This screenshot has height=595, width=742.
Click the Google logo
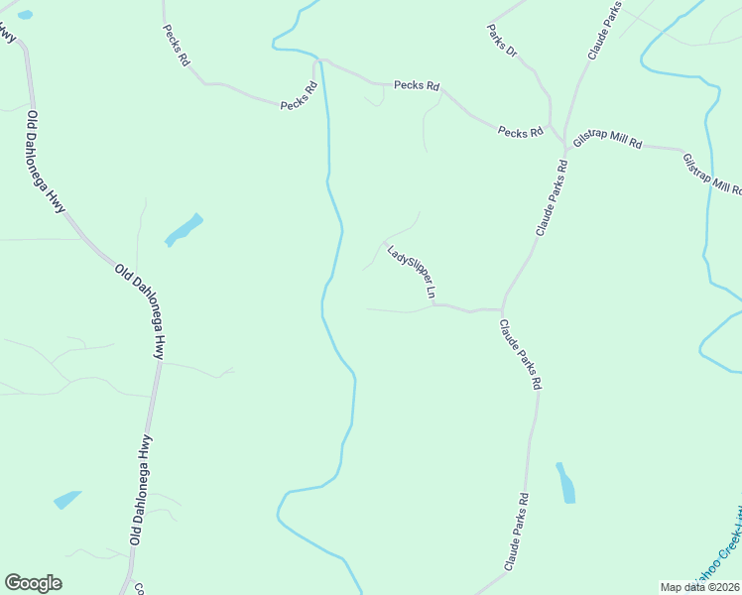33,583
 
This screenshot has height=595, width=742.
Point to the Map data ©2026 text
698,586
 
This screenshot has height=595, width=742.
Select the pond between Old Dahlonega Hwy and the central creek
184,230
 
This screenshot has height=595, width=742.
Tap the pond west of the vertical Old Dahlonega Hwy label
66,499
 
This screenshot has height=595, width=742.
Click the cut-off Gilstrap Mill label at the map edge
713,175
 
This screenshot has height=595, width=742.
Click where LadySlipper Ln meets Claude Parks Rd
502,308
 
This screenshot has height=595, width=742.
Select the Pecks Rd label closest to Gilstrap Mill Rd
521,132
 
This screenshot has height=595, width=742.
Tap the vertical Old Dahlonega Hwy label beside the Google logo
140,490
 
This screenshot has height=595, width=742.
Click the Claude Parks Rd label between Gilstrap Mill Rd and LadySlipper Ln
553,193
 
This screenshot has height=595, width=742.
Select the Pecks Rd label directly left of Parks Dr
416,85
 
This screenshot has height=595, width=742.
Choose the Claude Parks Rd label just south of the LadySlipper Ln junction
520,354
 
